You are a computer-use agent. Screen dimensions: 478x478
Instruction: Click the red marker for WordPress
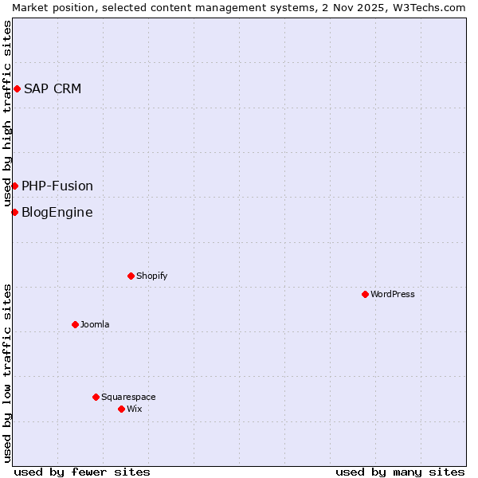pyautogui.click(x=365, y=294)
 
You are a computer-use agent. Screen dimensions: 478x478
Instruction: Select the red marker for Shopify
pyautogui.click(x=131, y=276)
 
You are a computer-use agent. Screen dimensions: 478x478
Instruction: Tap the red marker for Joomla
pyautogui.click(x=75, y=324)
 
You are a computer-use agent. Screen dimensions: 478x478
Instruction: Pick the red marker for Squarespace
pyautogui.click(x=96, y=397)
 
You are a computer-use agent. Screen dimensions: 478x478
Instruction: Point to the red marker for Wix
pyautogui.click(x=121, y=409)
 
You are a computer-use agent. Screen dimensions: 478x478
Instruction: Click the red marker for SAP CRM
pyautogui.click(x=17, y=88)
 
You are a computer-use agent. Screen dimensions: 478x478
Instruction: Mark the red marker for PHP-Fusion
pyautogui.click(x=14, y=186)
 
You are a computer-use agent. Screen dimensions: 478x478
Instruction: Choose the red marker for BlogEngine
pyautogui.click(x=14, y=212)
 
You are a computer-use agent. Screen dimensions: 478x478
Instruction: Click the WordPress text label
pyautogui.click(x=393, y=294)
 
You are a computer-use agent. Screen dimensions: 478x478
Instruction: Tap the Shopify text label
pyautogui.click(x=152, y=276)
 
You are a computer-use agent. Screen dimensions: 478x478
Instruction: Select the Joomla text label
pyautogui.click(x=95, y=324)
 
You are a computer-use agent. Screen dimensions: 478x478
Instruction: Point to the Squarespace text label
pyautogui.click(x=128, y=397)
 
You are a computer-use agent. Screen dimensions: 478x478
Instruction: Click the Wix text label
pyautogui.click(x=135, y=409)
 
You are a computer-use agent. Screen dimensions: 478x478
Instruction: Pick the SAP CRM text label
pyautogui.click(x=53, y=88)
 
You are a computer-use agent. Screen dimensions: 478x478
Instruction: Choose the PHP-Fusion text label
pyautogui.click(x=57, y=186)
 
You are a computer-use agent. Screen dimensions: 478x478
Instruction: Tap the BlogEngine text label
pyautogui.click(x=57, y=212)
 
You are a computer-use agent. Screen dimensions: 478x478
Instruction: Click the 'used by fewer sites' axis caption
pyautogui.click(x=82, y=472)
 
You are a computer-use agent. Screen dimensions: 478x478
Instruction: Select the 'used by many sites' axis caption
pyautogui.click(x=400, y=472)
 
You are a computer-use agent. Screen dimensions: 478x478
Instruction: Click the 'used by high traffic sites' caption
pyautogui.click(x=7, y=114)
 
